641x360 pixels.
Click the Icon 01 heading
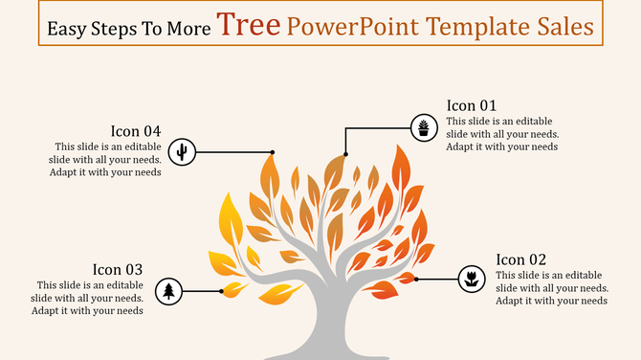click(473, 105)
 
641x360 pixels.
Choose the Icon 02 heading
click(521, 259)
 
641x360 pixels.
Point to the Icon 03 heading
click(118, 270)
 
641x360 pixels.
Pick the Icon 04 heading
click(136, 131)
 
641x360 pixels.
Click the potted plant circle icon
click(423, 127)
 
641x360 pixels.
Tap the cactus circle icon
click(182, 151)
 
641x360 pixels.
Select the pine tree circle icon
click(169, 291)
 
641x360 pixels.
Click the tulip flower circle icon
click(471, 280)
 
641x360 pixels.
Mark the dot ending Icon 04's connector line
click(273, 151)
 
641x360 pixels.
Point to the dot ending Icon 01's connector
click(345, 153)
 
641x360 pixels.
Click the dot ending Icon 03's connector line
click(222, 291)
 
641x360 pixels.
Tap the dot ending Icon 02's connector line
click(416, 280)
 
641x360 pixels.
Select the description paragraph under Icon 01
click(502, 134)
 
